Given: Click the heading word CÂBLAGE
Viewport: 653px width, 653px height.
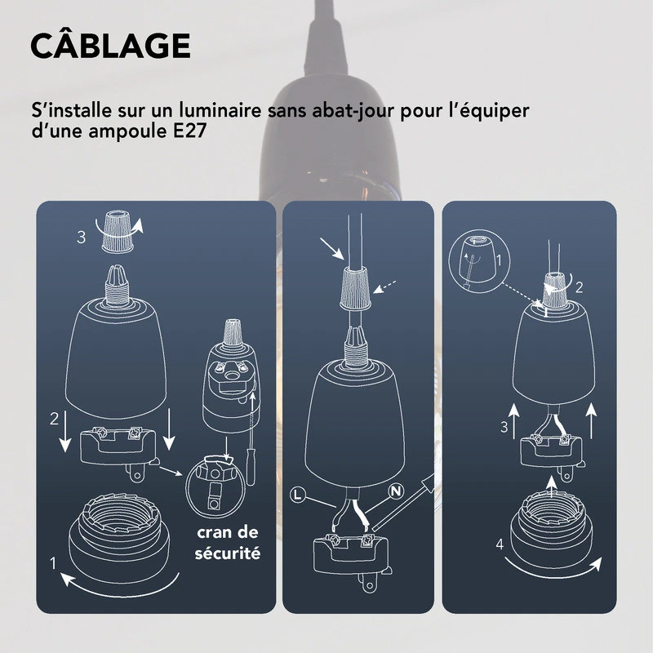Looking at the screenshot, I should point(110,47).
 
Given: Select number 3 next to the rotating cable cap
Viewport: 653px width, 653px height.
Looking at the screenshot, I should point(81,238).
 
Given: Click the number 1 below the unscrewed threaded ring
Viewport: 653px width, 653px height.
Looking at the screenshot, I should point(53,562).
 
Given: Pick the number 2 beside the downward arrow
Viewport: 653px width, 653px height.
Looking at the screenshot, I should point(54,420).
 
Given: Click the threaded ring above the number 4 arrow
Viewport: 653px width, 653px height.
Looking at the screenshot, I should point(552,522).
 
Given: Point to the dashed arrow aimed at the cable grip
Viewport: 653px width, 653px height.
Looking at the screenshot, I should point(387,287).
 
